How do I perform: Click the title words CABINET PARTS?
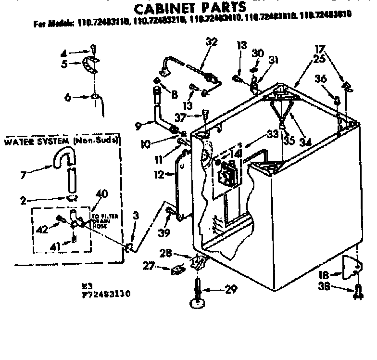[189, 8]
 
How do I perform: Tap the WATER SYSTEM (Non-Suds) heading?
[62, 141]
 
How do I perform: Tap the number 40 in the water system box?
[101, 193]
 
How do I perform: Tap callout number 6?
[68, 97]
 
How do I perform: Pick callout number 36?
[321, 79]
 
